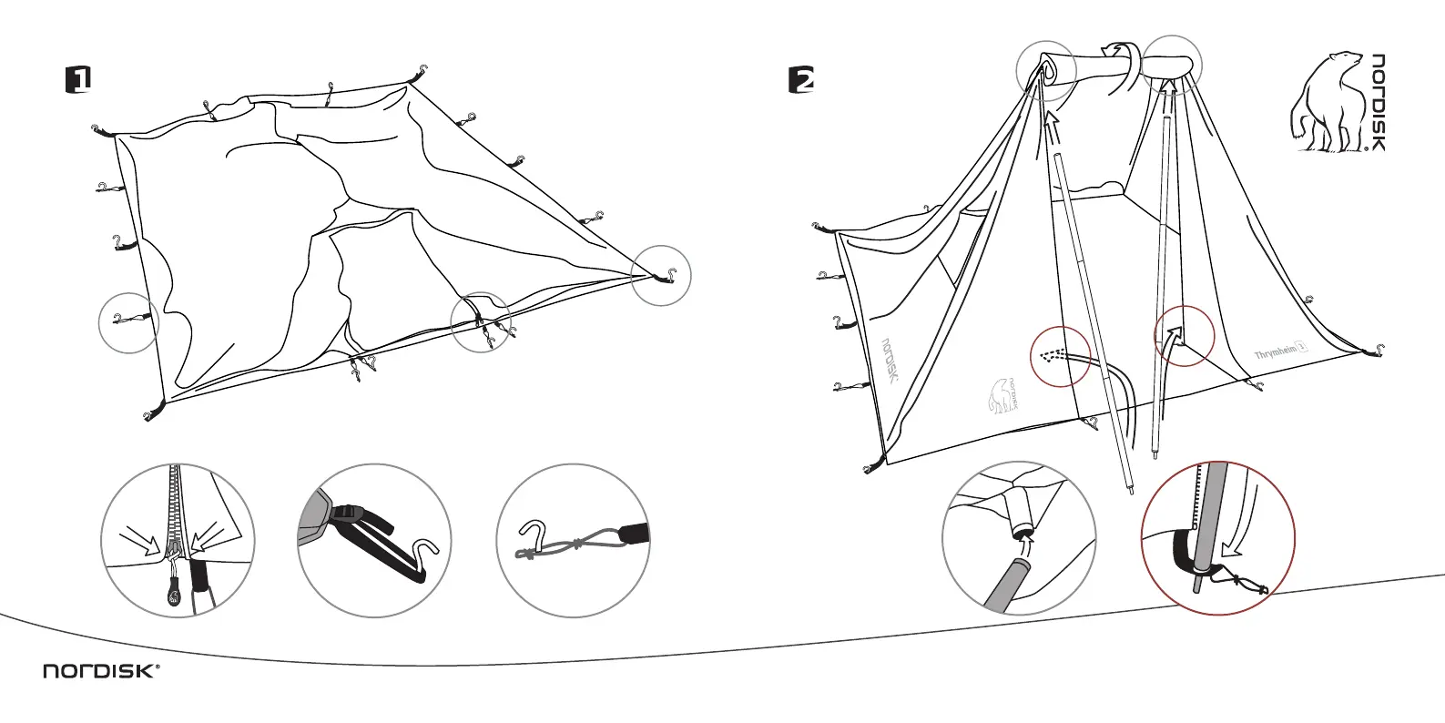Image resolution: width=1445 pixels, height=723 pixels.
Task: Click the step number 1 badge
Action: pyautogui.click(x=79, y=79)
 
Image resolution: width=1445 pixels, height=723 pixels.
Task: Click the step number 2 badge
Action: pyautogui.click(x=801, y=79)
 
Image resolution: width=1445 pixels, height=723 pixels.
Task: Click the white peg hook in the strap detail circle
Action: pyautogui.click(x=423, y=549)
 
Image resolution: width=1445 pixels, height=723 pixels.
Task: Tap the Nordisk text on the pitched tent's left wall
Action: pyautogui.click(x=890, y=361)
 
